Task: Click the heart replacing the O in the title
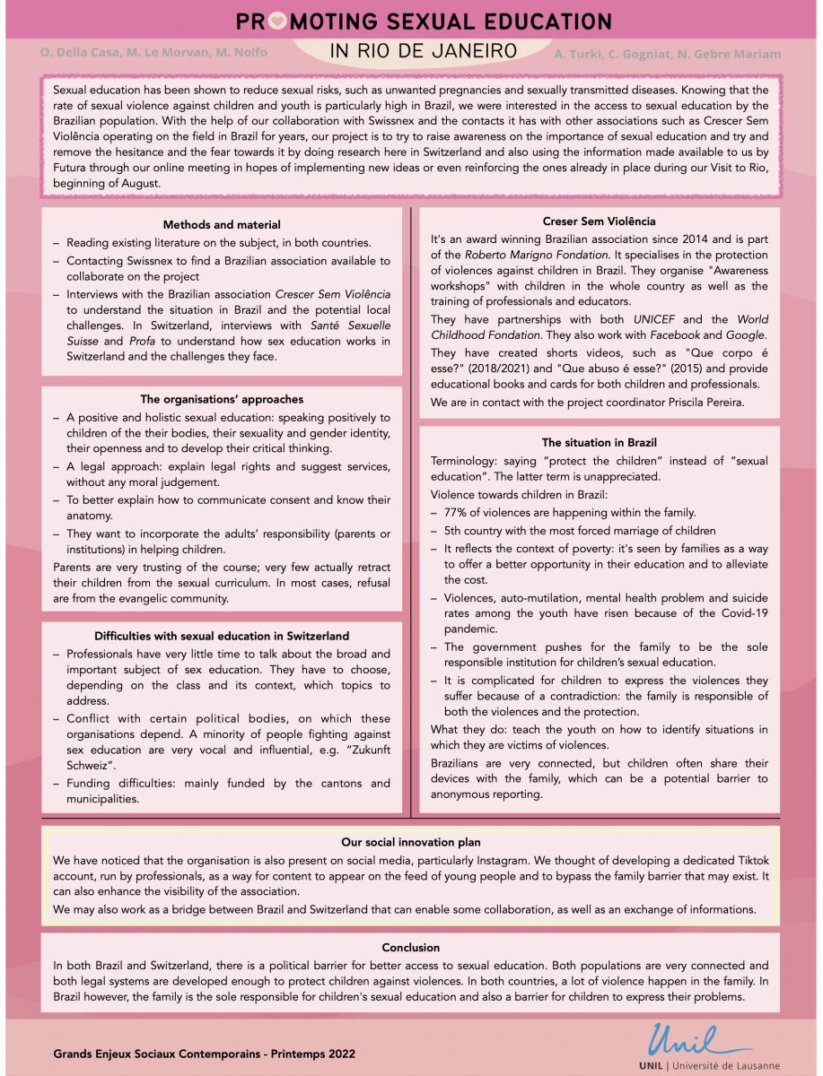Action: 277,22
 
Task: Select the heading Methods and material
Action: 222,225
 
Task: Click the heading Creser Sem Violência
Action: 600,221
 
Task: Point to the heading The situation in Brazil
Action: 600,442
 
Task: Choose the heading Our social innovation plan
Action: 411,842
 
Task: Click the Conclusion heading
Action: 411,947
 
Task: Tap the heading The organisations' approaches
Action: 222,399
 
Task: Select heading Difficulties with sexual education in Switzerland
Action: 222,636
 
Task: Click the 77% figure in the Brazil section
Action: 456,513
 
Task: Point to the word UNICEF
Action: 654,319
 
